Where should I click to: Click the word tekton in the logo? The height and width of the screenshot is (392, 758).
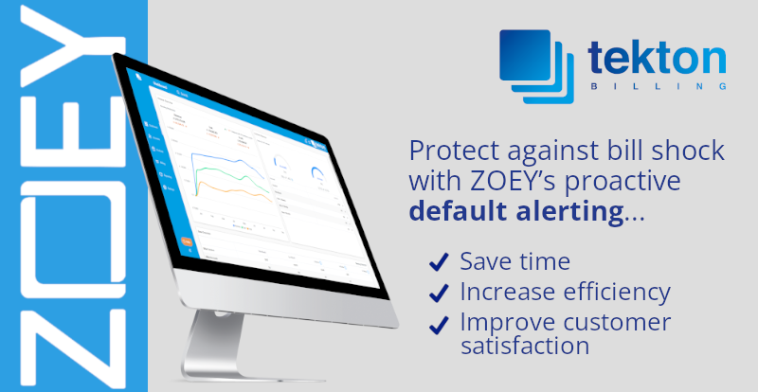[658, 56]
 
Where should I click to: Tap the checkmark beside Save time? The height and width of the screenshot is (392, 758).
[439, 262]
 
